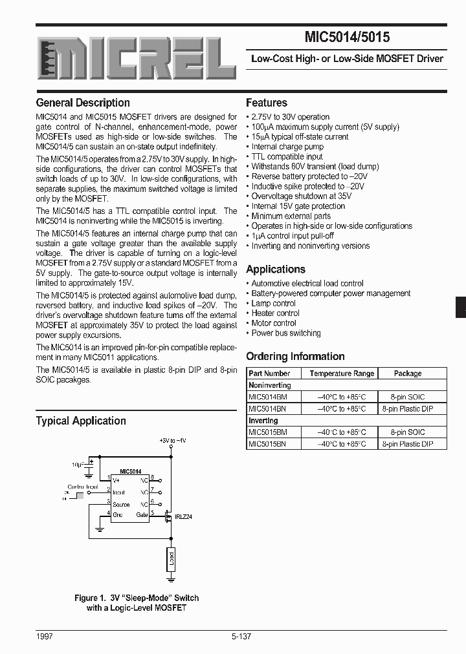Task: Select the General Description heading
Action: [83, 103]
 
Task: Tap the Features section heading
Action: [267, 103]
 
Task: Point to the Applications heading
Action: [276, 269]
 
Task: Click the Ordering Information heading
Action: [295, 356]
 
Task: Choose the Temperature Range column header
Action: [342, 374]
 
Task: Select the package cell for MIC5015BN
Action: [407, 444]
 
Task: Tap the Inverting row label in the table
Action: [263, 421]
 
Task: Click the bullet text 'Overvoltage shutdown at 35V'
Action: [301, 196]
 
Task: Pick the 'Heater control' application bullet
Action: [275, 313]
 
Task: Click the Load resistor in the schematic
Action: [171, 557]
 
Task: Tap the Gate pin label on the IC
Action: [142, 515]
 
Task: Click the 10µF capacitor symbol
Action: [91, 463]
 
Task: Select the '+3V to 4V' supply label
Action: [172, 440]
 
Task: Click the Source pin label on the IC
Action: [121, 504]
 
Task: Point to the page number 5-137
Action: [241, 637]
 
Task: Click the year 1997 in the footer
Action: [45, 637]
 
